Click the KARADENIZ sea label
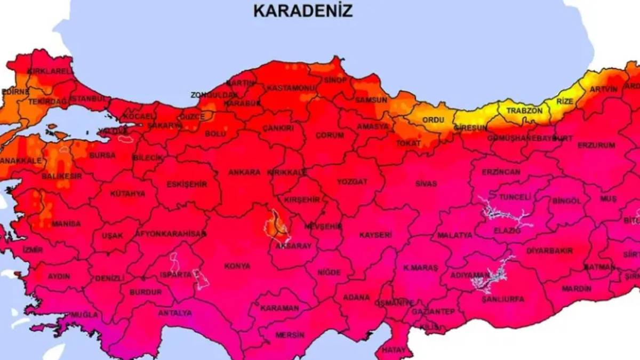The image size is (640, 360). [x=302, y=11]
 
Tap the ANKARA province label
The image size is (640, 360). [x=244, y=172]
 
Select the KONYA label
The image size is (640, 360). [x=237, y=266]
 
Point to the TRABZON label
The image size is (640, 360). [x=524, y=110]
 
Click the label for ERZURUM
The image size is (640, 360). [x=596, y=145]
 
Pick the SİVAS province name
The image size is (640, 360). [x=426, y=183]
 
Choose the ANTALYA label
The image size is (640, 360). [x=174, y=313]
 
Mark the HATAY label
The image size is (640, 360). [x=393, y=350]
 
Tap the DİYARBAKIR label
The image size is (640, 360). [x=549, y=251]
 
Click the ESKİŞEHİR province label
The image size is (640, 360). [x=187, y=185]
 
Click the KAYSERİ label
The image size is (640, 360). [x=375, y=235]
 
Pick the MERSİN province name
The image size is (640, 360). [x=290, y=335]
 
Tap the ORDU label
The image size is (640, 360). [x=433, y=120]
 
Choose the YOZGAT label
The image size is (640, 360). [x=352, y=182]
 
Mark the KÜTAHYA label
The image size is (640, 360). [x=127, y=194]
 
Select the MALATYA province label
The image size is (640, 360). [x=454, y=235]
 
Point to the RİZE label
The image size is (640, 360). [x=564, y=101]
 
